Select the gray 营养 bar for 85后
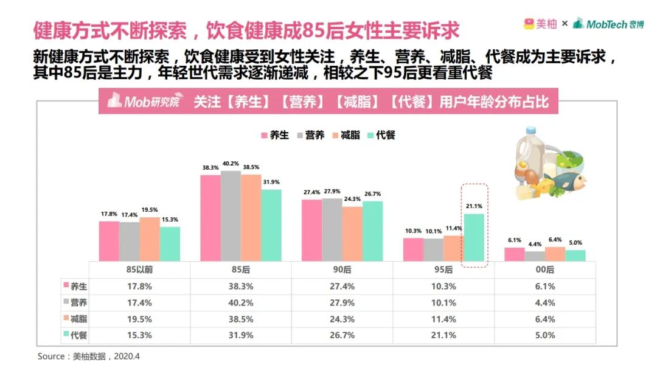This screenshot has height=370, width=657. pyautogui.click(x=231, y=216)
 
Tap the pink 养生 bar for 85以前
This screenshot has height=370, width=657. pyautogui.click(x=109, y=241)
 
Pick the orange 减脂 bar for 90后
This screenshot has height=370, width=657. pyautogui.click(x=352, y=234)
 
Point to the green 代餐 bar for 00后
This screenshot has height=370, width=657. pyautogui.click(x=575, y=256)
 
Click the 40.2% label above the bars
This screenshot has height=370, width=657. pyautogui.click(x=231, y=164)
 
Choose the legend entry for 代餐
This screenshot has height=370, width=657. pyautogui.click(x=381, y=135)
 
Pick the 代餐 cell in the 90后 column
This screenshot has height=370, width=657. pyautogui.click(x=342, y=335)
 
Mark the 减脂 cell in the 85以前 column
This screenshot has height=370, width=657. pyautogui.click(x=139, y=319)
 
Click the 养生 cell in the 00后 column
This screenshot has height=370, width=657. pyautogui.click(x=545, y=286)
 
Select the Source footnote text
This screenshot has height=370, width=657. pyautogui.click(x=89, y=356)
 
